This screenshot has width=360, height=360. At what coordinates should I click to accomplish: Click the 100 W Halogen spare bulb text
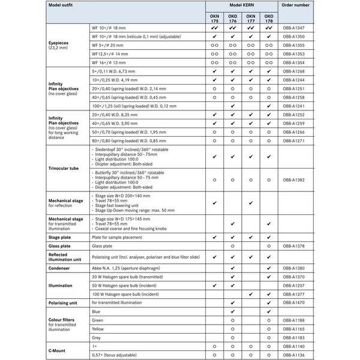point(125,295)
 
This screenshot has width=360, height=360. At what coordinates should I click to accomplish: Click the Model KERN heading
point(241,5)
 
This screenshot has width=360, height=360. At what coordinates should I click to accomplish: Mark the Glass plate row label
point(60,246)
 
